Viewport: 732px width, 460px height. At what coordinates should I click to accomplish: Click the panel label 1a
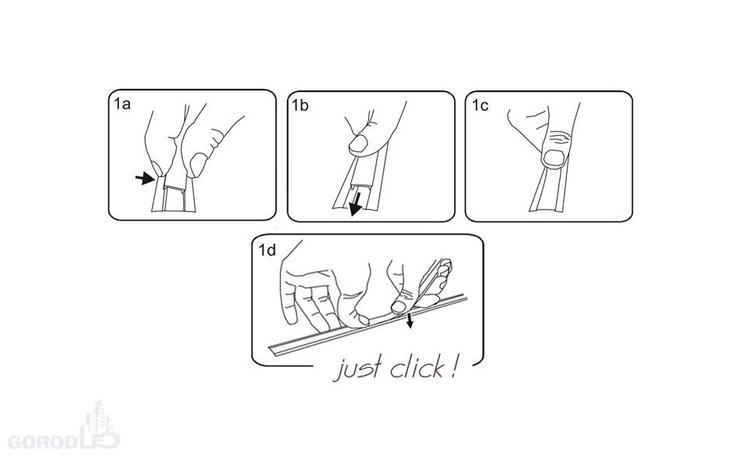(x=121, y=104)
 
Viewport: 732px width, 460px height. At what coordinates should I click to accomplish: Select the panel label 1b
(x=300, y=105)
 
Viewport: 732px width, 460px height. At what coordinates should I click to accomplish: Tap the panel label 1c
(x=480, y=105)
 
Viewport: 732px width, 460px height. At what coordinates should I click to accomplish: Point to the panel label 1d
(x=268, y=250)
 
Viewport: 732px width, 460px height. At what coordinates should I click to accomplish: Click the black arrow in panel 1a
(x=145, y=178)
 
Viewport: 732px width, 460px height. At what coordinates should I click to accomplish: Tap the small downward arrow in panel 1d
(x=410, y=320)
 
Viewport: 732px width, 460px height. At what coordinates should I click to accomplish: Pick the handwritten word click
(x=417, y=367)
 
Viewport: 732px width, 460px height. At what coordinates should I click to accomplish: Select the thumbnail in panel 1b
(x=358, y=144)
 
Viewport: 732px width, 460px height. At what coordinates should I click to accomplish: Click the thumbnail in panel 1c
(x=554, y=158)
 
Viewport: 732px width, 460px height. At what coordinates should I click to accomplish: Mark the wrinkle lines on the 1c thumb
(x=560, y=138)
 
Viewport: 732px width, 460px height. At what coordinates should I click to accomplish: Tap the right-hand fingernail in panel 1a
(x=199, y=165)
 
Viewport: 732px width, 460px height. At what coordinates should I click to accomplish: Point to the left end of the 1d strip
(x=269, y=351)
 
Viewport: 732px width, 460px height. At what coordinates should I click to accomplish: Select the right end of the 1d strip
(x=465, y=297)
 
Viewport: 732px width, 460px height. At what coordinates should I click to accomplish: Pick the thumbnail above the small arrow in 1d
(x=398, y=306)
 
